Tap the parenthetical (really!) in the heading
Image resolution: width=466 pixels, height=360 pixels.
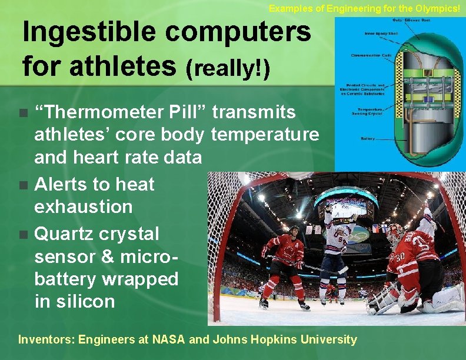pyautogui.click(x=228, y=69)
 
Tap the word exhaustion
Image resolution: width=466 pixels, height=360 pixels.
pyautogui.click(x=84, y=207)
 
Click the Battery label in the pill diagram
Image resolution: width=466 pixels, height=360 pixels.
pyautogui.click(x=368, y=139)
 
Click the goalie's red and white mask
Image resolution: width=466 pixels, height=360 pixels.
pyautogui.click(x=396, y=234)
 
